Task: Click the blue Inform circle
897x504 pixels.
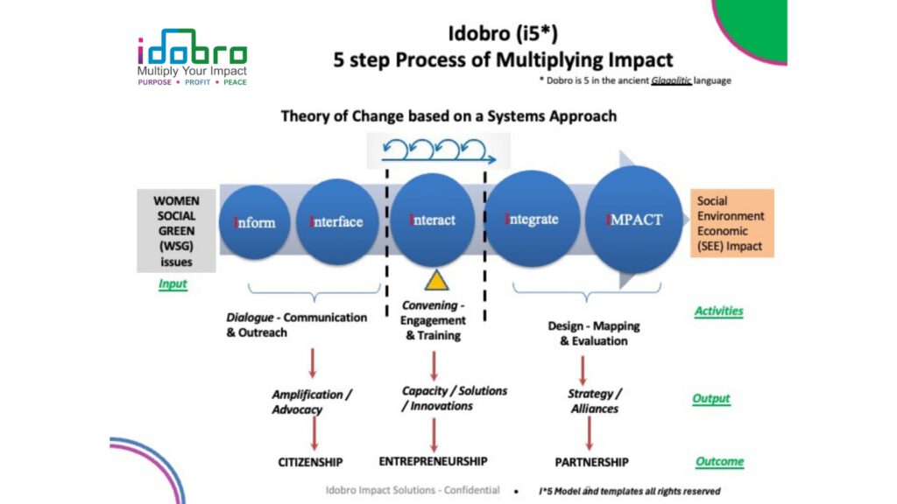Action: coord(255,222)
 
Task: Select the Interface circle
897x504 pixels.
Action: coord(337,221)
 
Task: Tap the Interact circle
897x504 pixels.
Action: coord(433,220)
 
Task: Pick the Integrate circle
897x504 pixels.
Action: coord(532,219)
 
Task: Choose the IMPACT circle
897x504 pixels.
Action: coord(634,220)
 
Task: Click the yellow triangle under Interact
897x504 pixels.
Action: coord(436,280)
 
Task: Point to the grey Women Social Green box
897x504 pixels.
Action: coord(176,231)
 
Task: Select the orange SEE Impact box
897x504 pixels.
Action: coord(732,223)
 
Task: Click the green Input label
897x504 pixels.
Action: coord(173,284)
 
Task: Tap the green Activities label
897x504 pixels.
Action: coord(718,311)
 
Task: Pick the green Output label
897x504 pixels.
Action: coord(711,398)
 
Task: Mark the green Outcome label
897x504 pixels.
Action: coord(720,461)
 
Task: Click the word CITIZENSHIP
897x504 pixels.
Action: coord(310,462)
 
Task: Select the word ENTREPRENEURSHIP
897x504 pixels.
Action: coord(433,461)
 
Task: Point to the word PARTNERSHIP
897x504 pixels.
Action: coord(591,462)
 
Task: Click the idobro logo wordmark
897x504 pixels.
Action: coord(192,47)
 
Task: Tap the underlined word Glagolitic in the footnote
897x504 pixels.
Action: coord(671,80)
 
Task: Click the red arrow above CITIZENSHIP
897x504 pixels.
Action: coord(314,433)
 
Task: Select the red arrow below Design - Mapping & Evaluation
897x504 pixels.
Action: coord(583,371)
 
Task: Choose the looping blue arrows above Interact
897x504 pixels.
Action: coord(438,150)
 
